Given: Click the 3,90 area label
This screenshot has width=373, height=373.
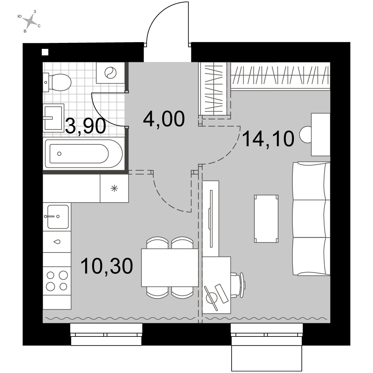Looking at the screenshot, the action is click(85, 126).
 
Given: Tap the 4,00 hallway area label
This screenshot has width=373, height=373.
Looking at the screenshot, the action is click(164, 119).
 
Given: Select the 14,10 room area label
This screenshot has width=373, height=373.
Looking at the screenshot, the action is click(268, 139).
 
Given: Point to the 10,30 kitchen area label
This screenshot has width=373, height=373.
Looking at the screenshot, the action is click(107, 266).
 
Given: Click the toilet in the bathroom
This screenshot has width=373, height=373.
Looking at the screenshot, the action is click(57, 82).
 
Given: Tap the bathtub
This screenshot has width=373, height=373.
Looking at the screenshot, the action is click(84, 154).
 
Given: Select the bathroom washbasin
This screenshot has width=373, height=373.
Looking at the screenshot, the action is click(53, 117).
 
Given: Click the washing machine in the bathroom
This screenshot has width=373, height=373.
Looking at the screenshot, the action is click(110, 73).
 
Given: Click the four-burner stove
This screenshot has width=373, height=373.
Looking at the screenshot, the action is click(57, 281).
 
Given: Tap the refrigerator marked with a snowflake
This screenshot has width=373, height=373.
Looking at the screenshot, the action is click(114, 188).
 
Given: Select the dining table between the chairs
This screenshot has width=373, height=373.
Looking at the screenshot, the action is click(170, 267).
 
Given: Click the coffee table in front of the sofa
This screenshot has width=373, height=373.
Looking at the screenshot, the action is click(266, 219).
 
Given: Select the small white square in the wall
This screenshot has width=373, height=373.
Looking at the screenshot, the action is click(45, 52).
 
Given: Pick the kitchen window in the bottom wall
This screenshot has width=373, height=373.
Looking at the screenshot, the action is click(106, 334).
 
